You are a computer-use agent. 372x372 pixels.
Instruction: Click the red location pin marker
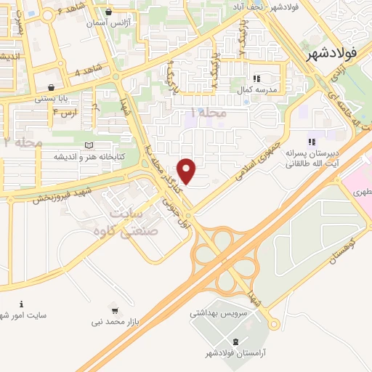[187, 171]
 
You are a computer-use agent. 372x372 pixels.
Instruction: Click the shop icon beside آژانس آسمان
[109, 12]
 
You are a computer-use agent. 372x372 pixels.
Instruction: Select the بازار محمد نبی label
[113, 320]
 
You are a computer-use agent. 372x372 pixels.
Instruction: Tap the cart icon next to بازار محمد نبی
[114, 310]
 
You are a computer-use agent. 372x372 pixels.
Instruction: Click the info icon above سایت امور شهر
[21, 304]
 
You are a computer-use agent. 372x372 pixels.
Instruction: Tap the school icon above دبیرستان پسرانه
[312, 141]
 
